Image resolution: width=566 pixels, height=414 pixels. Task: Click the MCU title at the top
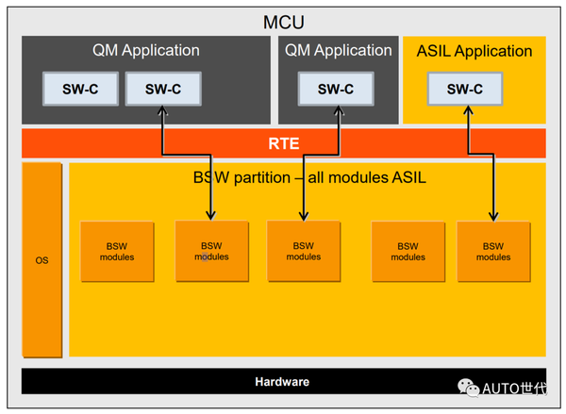coord(282,21)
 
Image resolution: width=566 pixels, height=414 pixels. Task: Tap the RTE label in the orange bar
coord(284,143)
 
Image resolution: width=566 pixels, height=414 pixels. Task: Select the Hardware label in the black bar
coord(282,382)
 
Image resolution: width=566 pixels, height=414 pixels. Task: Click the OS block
coord(42,260)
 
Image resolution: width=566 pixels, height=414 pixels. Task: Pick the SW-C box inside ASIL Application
coord(465,90)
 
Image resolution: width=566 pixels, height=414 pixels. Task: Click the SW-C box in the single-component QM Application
coord(335,90)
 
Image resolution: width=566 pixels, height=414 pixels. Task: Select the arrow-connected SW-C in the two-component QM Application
coord(163,90)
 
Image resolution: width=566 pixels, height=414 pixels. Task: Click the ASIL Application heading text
coord(474,51)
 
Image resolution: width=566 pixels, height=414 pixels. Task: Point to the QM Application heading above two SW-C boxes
coord(146,51)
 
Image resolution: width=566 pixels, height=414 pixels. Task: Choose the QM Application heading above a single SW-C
coord(338,51)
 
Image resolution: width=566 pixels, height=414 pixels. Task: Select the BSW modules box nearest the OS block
coord(117,252)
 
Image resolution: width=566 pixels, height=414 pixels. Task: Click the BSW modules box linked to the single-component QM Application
coord(304,252)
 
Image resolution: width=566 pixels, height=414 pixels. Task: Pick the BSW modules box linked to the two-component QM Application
coord(212,252)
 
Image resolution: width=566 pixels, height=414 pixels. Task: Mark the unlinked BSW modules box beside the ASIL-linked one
coord(408,252)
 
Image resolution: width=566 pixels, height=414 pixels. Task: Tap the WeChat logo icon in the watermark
coord(468,389)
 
